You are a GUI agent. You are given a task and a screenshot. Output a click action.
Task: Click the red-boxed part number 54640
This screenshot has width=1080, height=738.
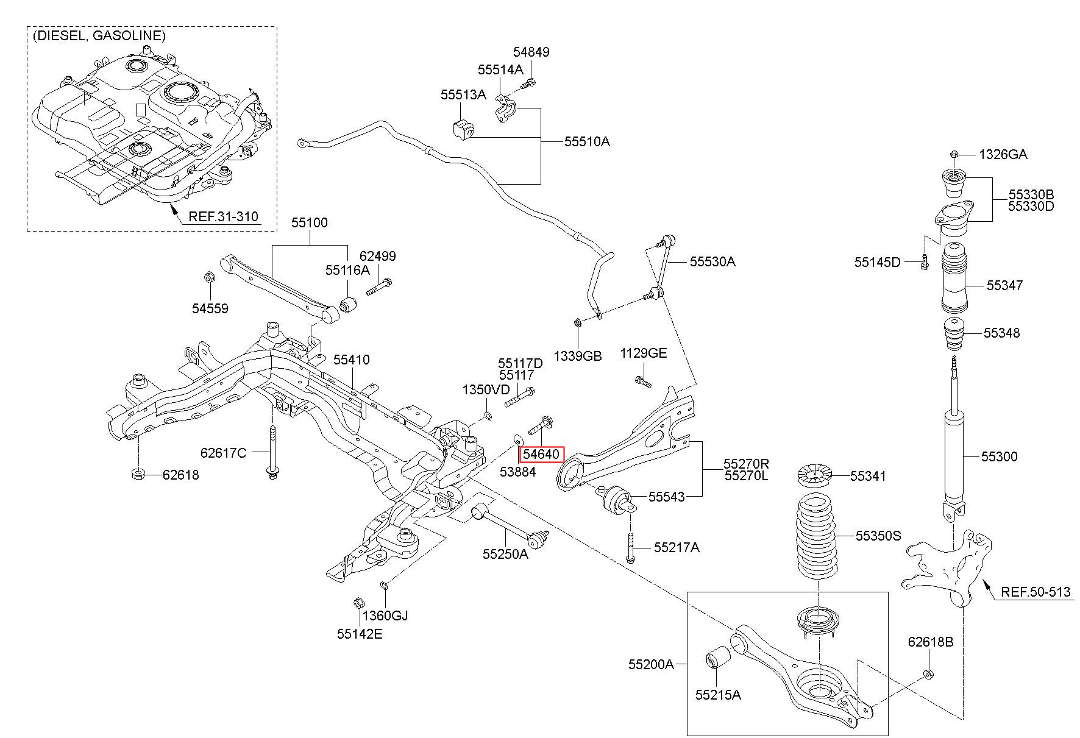(x=541, y=454)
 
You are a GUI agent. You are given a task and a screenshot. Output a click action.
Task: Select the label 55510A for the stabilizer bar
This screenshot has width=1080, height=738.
(x=586, y=141)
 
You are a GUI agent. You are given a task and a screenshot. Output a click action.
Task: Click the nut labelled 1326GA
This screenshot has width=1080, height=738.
(x=954, y=154)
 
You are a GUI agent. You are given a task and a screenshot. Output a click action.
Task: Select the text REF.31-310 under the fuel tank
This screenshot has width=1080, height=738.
(x=223, y=216)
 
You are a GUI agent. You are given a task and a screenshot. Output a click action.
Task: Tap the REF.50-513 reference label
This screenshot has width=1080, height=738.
(x=1036, y=591)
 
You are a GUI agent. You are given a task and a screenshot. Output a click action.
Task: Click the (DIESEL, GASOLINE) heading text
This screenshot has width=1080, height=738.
(x=99, y=35)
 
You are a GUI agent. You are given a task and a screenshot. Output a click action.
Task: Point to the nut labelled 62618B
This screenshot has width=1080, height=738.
(x=929, y=673)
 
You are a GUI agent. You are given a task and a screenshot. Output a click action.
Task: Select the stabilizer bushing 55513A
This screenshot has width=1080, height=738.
(x=463, y=129)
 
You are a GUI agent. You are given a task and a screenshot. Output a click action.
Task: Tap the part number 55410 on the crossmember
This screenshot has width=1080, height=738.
(x=351, y=360)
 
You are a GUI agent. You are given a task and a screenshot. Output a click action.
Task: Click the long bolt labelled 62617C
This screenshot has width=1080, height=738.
(x=271, y=451)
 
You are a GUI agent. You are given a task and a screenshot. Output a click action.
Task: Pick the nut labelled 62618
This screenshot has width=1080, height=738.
(x=138, y=474)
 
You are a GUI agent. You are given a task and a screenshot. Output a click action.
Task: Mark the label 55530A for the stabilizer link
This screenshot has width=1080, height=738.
(x=712, y=261)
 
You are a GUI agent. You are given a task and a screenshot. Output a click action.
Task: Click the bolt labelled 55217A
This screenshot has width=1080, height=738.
(x=630, y=547)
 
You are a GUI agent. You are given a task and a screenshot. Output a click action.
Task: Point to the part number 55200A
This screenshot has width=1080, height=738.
(x=651, y=664)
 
